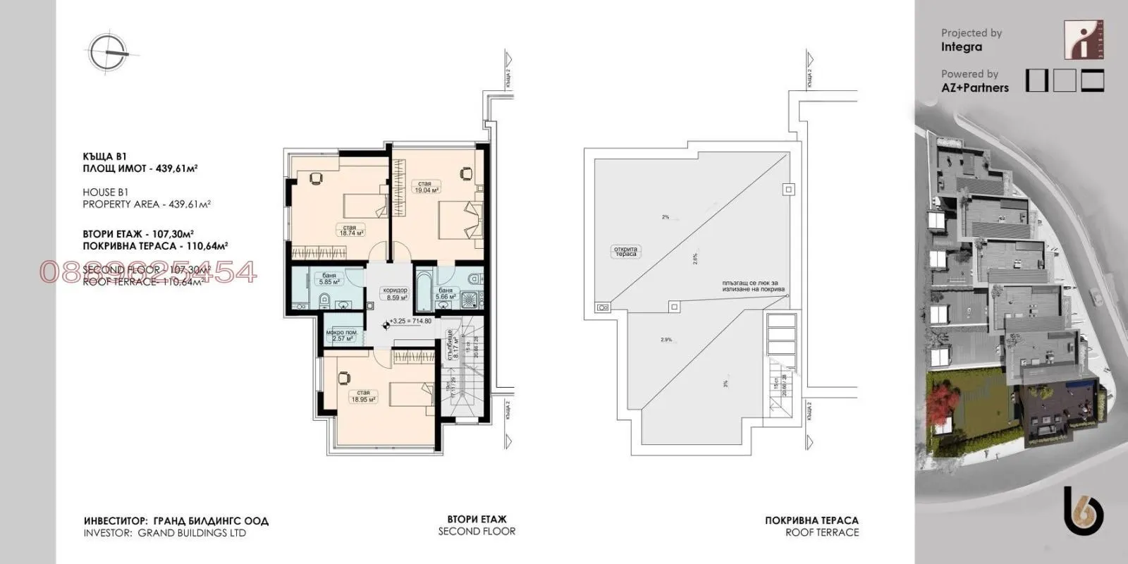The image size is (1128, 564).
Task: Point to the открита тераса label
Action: coord(625,251)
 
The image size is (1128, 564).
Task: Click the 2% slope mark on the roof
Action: coord(665,217)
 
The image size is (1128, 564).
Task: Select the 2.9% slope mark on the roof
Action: coord(666,340)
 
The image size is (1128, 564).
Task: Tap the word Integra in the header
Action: coord(961,47)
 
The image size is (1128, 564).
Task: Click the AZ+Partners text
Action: coord(974,87)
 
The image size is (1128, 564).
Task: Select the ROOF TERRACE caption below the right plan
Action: coord(822,532)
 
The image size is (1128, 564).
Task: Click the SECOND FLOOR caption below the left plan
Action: coord(477,531)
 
